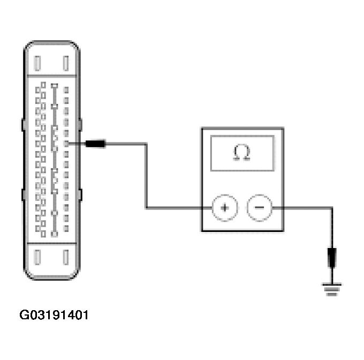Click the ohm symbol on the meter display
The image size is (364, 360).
[x=242, y=153]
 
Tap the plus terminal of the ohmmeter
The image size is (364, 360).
[x=225, y=208]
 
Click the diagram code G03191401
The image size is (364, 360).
[x=54, y=315]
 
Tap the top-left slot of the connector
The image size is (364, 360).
[x=37, y=63]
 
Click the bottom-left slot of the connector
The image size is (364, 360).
[x=37, y=258]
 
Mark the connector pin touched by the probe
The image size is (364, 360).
[x=66, y=144]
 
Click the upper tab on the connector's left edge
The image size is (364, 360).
[x=23, y=125]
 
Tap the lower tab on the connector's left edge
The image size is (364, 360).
[x=23, y=194]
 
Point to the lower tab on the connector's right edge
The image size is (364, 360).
[x=81, y=194]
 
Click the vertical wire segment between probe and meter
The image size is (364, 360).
[x=146, y=176]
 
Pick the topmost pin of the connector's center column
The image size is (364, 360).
[x=54, y=85]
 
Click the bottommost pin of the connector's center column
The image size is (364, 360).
[x=54, y=234]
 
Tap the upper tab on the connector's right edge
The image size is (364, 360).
[x=81, y=125]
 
